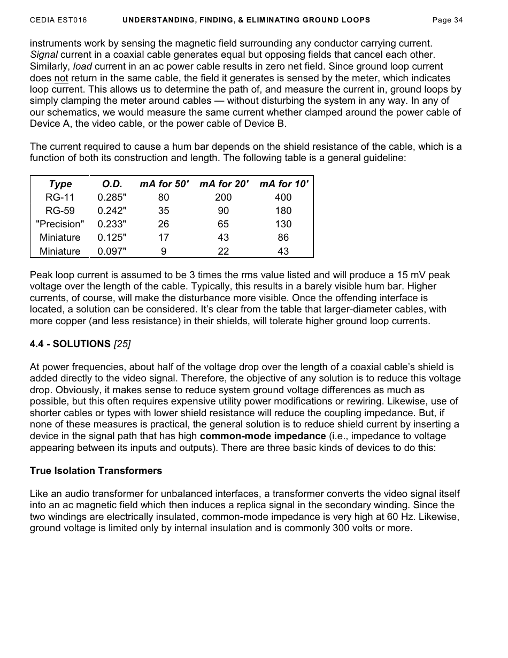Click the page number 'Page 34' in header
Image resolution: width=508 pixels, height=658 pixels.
pyautogui.click(x=447, y=20)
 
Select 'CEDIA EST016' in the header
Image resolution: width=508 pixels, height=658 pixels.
pyautogui.click(x=58, y=20)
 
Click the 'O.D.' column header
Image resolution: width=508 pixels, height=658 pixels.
pyautogui.click(x=112, y=184)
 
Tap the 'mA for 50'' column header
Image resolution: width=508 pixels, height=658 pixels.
pyautogui.click(x=164, y=184)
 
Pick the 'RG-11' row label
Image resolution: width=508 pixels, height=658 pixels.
pyautogui.click(x=60, y=197)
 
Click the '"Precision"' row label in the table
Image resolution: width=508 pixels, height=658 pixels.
pyautogui.click(x=60, y=224)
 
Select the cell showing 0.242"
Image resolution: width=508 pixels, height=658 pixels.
pyautogui.click(x=112, y=211)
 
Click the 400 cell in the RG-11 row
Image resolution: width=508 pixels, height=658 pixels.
pyautogui.click(x=283, y=197)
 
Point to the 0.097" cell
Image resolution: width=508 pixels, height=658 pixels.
pyautogui.click(x=112, y=251)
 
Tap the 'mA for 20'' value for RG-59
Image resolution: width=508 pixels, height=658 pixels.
pyautogui.click(x=224, y=211)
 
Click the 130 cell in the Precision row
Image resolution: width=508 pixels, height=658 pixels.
pyautogui.click(x=283, y=224)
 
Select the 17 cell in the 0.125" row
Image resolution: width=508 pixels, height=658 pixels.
pyautogui.click(x=164, y=238)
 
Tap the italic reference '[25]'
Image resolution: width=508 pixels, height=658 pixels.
pyautogui.click(x=122, y=344)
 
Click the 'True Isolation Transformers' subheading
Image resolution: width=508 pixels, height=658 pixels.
pyautogui.click(x=96, y=471)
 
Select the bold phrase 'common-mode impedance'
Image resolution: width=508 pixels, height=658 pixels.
pyautogui.click(x=263, y=436)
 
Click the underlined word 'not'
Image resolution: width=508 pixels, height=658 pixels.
pyautogui.click(x=61, y=78)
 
